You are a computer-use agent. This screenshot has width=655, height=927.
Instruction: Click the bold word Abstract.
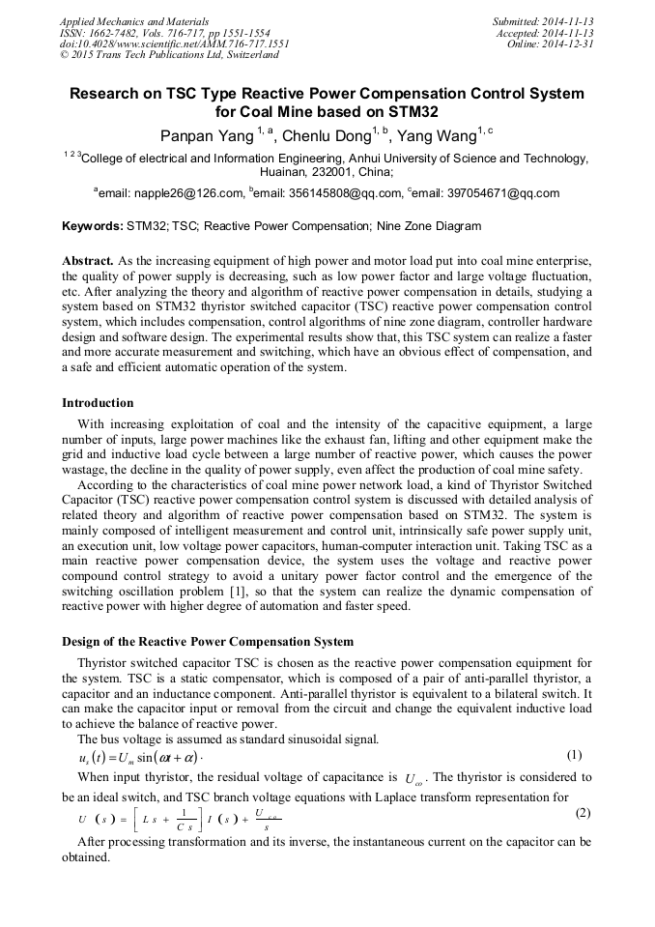pyautogui.click(x=88, y=262)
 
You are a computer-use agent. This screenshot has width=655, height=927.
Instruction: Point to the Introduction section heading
pyautogui.click(x=98, y=403)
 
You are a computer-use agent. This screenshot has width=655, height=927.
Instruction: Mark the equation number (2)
pyautogui.click(x=582, y=813)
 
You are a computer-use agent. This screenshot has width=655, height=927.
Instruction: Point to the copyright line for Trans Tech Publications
pyautogui.click(x=169, y=55)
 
